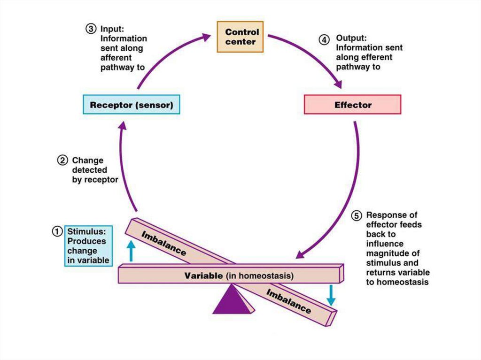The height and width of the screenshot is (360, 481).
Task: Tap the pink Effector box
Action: (x=353, y=105)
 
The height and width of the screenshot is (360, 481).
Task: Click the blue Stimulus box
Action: (x=88, y=245)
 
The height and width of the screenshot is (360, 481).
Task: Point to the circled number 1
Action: (x=57, y=231)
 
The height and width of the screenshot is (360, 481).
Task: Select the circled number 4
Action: (x=325, y=39)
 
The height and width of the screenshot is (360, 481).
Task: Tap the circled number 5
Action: (x=357, y=216)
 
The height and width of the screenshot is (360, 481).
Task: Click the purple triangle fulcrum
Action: (x=233, y=301)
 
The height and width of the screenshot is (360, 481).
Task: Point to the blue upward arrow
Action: (x=131, y=251)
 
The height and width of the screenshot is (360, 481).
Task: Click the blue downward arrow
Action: (x=331, y=295)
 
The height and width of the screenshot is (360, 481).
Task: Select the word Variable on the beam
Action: (x=203, y=276)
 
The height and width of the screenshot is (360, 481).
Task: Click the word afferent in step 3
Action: (x=116, y=58)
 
